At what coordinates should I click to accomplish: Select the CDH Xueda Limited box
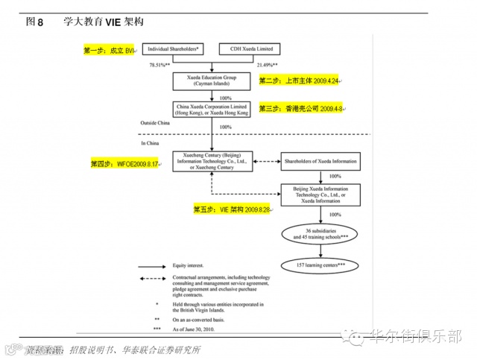pyautogui.click(x=250, y=48)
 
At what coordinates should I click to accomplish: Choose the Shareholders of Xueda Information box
pyautogui.click(x=322, y=161)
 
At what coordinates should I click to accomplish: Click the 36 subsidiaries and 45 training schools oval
pyautogui.click(x=321, y=234)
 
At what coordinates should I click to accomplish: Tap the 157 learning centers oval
pyautogui.click(x=321, y=265)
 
